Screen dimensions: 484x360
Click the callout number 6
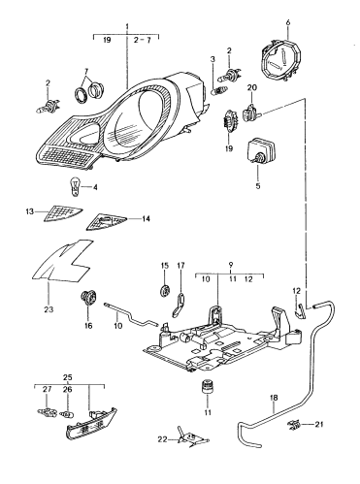(x=287, y=19)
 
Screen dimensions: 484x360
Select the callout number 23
(x=47, y=310)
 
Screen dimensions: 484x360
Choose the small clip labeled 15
(x=162, y=290)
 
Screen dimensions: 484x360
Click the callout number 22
(x=162, y=439)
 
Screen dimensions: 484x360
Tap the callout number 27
(x=46, y=388)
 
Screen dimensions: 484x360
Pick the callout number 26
(x=67, y=388)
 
